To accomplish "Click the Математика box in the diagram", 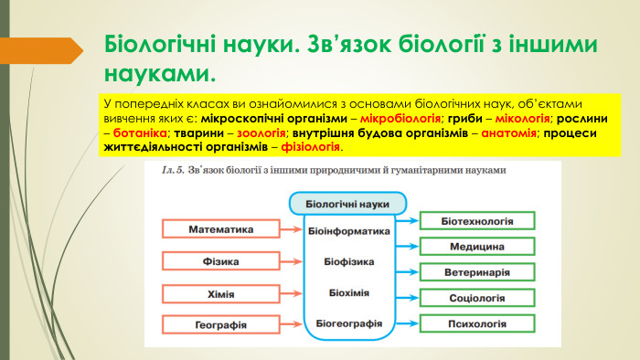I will pos(220,229).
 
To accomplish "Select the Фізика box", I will pos(220,261).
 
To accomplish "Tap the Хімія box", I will pos(220,293).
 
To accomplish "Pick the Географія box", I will pos(220,324).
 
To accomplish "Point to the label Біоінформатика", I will pos(348,231).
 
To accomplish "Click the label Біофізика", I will pos(348,262).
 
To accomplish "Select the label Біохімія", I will pos(348,292).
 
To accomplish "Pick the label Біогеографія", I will pos(348,323).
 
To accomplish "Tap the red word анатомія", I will pos(508,132).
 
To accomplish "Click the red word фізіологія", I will pos(311,146).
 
